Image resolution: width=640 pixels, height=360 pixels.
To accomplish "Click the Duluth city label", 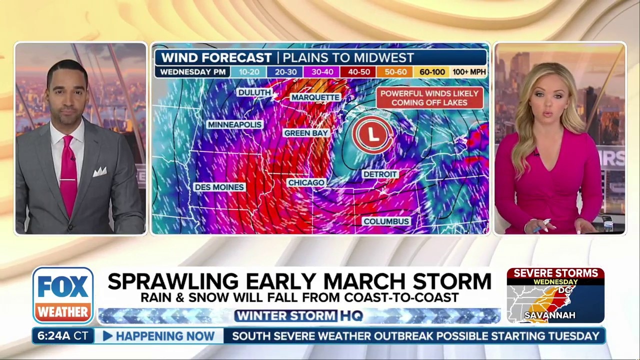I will point(255,92).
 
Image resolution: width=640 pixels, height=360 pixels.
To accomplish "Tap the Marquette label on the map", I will point(315,97).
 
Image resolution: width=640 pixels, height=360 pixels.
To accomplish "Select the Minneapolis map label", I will point(234,124).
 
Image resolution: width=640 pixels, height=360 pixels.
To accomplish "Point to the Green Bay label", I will point(306,133).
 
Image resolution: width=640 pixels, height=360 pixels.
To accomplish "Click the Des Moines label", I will point(219,187).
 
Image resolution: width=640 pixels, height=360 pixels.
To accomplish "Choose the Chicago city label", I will point(306,183).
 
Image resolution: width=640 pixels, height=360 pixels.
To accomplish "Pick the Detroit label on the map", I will point(380,174).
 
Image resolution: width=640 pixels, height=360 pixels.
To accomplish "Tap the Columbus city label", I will point(386,221).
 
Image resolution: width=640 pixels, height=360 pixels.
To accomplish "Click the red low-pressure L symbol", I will point(372,134).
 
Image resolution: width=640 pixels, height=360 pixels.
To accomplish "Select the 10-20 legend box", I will point(249,72).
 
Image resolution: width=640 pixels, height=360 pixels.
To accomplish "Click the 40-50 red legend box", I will point(359,72).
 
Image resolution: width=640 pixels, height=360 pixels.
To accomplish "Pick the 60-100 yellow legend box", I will point(432,72).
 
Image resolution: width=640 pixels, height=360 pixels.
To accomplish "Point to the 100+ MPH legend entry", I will point(469,72).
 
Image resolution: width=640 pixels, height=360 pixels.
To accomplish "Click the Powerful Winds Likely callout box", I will point(429,98).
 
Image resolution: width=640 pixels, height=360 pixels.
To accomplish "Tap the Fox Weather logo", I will point(63,295).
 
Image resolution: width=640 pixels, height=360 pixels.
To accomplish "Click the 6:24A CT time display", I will point(63,336).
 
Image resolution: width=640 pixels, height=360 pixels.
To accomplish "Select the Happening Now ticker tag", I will point(159,336).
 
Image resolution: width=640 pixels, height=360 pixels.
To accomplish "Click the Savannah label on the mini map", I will point(549,315).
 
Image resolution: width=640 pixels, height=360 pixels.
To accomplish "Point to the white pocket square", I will point(100,172).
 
